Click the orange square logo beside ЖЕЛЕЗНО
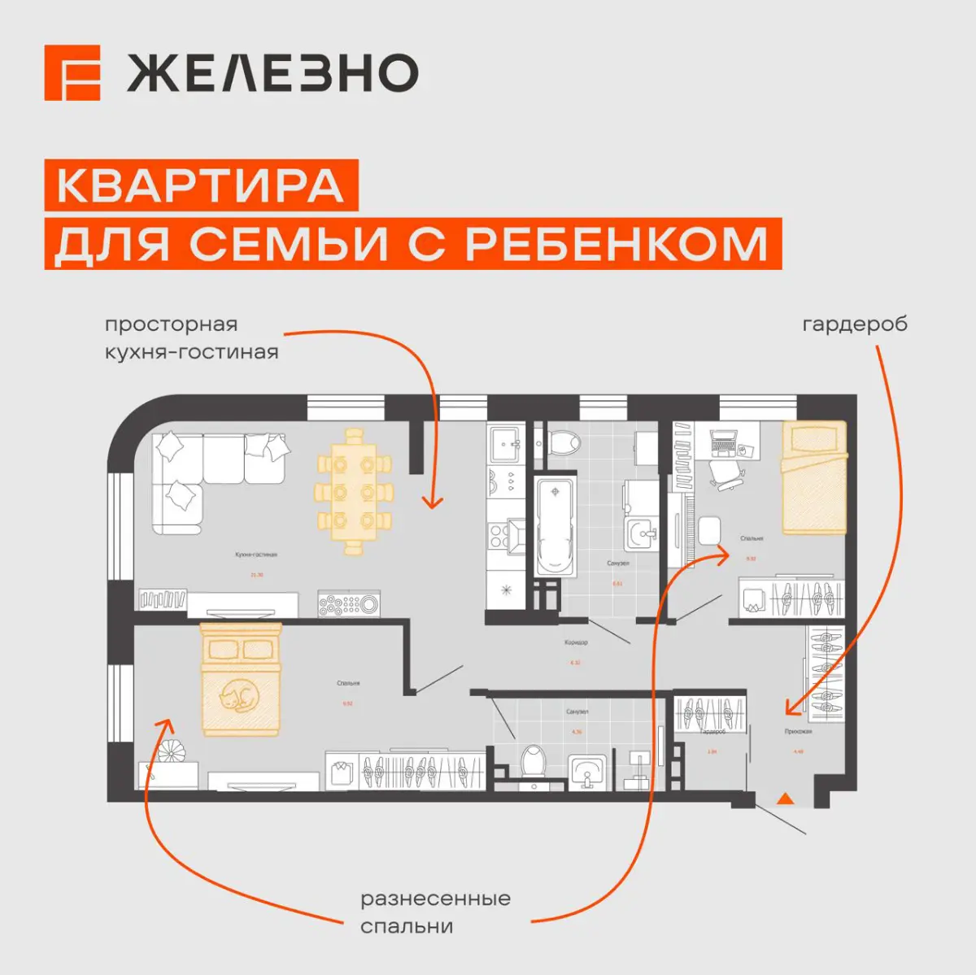72,73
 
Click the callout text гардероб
854,324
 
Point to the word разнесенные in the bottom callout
435,899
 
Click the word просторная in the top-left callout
171,324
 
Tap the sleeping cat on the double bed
239,696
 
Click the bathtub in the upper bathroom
555,526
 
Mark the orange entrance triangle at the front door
785,798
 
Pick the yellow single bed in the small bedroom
814,477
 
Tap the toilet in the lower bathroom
534,762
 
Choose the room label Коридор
576,643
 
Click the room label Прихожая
798,732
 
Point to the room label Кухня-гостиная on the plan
256,555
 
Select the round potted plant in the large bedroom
172,753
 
